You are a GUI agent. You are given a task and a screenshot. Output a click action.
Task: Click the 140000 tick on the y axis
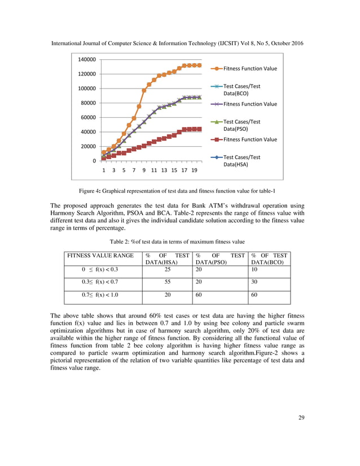click(87, 59)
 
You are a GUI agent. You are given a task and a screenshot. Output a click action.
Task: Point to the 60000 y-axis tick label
click(89, 117)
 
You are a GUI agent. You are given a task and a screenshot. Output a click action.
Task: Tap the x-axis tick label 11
click(154, 169)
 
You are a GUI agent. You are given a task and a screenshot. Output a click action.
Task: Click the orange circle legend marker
click(217, 69)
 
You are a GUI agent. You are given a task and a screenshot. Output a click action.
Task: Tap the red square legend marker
click(217, 139)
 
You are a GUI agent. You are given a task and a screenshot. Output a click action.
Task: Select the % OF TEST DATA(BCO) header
click(269, 259)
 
